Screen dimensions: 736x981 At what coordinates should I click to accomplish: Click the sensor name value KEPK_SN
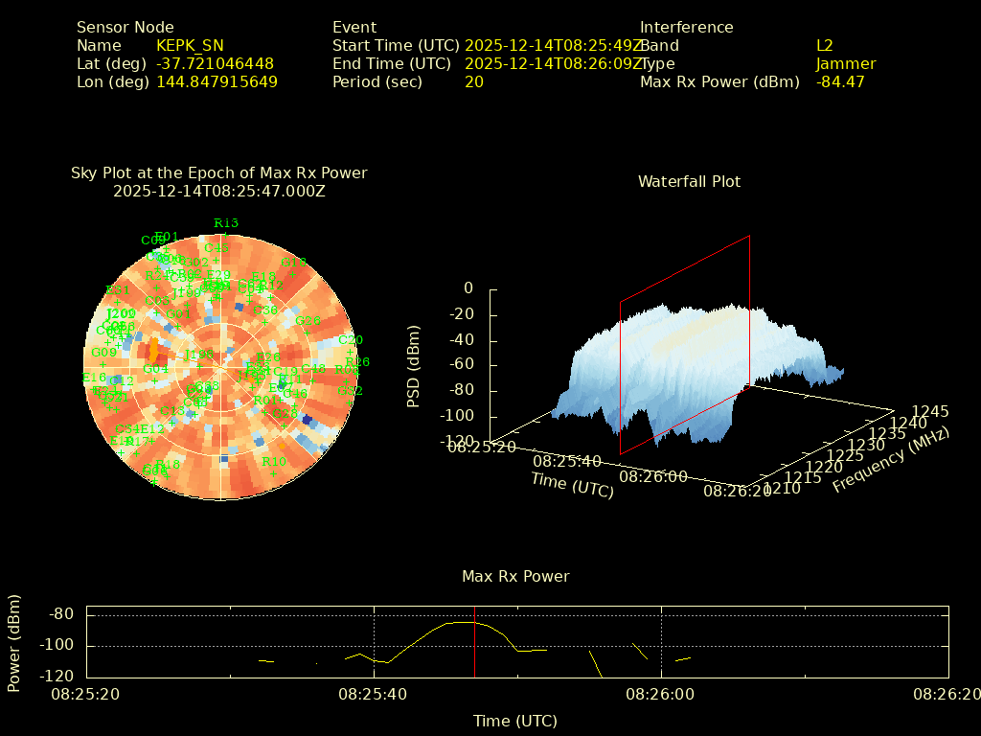[x=190, y=45]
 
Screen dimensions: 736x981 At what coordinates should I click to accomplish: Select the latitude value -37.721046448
[x=215, y=63]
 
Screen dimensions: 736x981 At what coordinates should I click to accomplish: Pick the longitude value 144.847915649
[x=217, y=81]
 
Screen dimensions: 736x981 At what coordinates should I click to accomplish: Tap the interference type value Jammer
[x=846, y=63]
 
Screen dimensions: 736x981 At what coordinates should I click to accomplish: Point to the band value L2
[x=825, y=45]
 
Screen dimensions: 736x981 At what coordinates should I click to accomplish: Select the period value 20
[x=474, y=81]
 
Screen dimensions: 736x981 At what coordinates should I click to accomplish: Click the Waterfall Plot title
[x=689, y=181]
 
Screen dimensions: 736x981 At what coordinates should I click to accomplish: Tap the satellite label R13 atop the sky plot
[x=226, y=223]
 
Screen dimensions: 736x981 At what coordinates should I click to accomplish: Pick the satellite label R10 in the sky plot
[x=274, y=461]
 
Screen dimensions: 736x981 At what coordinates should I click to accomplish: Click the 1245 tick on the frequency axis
[x=930, y=411]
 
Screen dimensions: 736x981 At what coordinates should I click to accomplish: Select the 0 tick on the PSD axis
[x=468, y=287]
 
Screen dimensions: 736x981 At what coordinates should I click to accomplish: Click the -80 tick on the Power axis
[x=62, y=613]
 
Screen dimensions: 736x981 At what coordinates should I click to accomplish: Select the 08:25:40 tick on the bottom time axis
[x=372, y=692]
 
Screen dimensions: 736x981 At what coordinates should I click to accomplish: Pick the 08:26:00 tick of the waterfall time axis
[x=653, y=475]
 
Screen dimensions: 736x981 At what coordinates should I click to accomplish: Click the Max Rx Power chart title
[x=515, y=576]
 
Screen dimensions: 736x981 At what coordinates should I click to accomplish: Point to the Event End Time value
[x=555, y=63]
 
